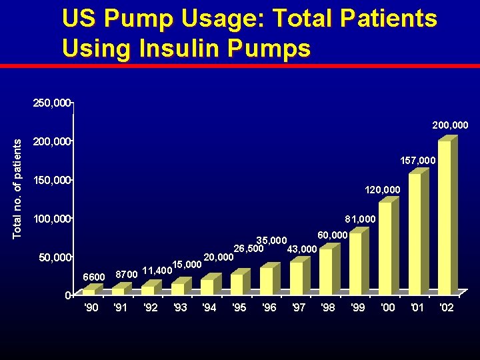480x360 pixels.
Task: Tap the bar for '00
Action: (x=385, y=247)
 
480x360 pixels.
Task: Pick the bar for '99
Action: (x=356, y=263)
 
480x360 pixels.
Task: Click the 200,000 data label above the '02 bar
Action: (x=451, y=125)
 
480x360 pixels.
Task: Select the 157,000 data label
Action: (x=418, y=161)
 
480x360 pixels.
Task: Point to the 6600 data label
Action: (x=93, y=277)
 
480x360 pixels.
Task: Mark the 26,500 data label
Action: (x=248, y=249)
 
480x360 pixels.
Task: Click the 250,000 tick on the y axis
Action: (x=51, y=103)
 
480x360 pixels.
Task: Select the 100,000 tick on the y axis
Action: (x=51, y=219)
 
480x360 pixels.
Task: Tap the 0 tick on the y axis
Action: (x=68, y=295)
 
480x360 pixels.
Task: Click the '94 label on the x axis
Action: (x=209, y=308)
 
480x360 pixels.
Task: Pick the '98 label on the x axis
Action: (x=328, y=308)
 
